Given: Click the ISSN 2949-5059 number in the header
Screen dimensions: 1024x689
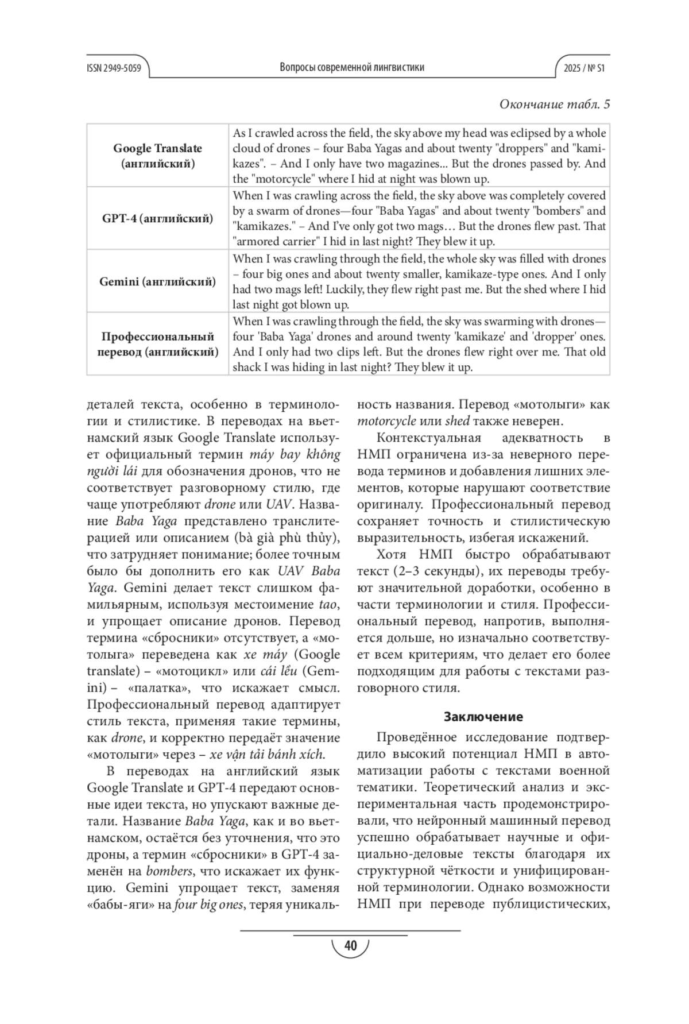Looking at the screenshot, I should [x=114, y=68].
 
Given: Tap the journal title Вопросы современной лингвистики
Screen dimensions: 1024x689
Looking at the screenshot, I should [x=352, y=67].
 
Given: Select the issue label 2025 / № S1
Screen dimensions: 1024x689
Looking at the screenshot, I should [x=584, y=68].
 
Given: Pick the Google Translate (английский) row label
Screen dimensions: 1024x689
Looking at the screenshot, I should [x=157, y=156].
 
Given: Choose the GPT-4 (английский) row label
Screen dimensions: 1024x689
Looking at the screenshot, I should [x=157, y=218].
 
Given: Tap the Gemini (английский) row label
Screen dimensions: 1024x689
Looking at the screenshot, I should [x=157, y=281].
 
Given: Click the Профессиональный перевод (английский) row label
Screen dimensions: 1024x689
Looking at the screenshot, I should [x=157, y=344].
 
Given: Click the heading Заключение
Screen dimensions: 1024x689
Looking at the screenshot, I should [x=483, y=717].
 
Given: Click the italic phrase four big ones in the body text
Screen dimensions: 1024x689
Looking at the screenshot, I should [x=209, y=905].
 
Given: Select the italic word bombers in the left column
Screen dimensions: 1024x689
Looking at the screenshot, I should [x=169, y=871].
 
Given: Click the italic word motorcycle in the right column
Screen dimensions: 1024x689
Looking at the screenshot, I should [x=386, y=422].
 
